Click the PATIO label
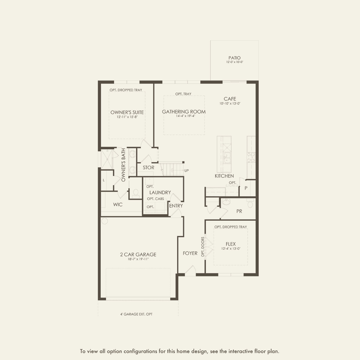pyautogui.click(x=235, y=58)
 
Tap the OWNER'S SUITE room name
pyautogui.click(x=127, y=112)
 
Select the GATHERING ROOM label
pyautogui.click(x=184, y=112)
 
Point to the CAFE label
pyautogui.click(x=230, y=99)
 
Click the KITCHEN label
pyautogui.click(x=224, y=176)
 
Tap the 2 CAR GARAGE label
pyautogui.click(x=138, y=254)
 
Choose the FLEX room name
pyautogui.click(x=231, y=244)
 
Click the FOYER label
pyautogui.click(x=190, y=253)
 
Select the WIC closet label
pyautogui.click(x=118, y=205)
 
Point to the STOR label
pyautogui.click(x=149, y=168)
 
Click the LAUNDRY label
pyautogui.click(x=160, y=192)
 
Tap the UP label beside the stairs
pyautogui.click(x=186, y=171)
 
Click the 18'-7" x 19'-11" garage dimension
pyautogui.click(x=138, y=259)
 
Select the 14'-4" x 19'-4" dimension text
pyautogui.click(x=186, y=116)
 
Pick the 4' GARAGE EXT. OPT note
pyautogui.click(x=136, y=314)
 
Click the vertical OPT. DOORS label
pyautogui.click(x=203, y=247)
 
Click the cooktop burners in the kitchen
pyautogui.click(x=251, y=157)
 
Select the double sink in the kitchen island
pyautogui.click(x=227, y=158)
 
